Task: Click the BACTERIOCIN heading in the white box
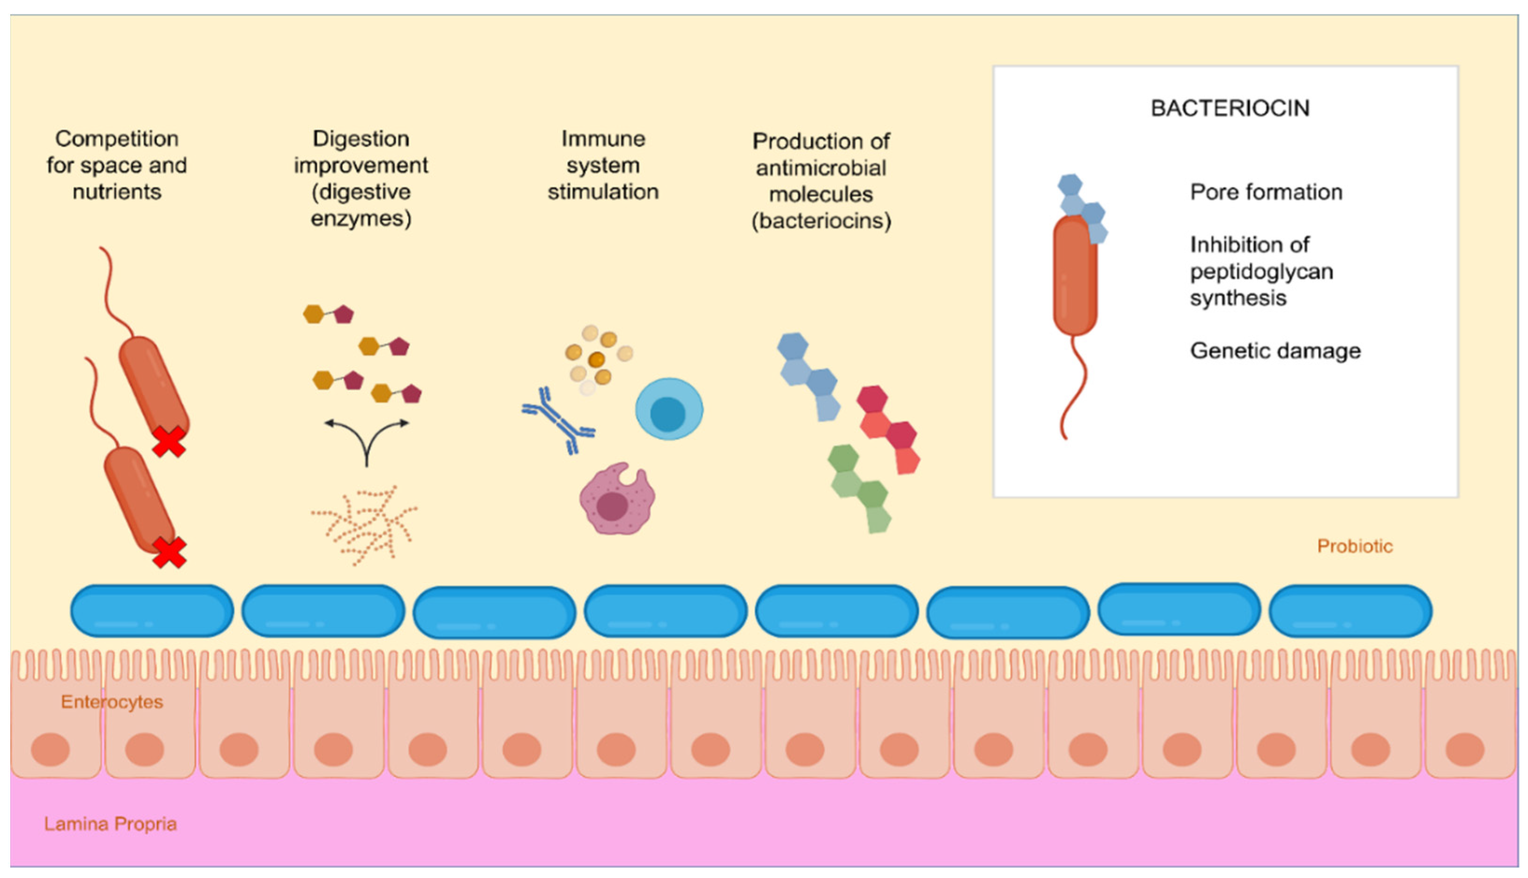(1229, 108)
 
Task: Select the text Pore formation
(1265, 192)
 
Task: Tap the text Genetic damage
(1275, 350)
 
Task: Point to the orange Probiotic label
(1354, 546)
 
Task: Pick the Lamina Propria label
(110, 824)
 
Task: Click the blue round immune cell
(668, 409)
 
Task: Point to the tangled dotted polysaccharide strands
(365, 525)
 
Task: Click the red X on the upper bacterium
(168, 442)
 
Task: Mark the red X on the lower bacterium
(169, 552)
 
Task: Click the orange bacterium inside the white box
(1075, 276)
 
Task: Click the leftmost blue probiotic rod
(152, 610)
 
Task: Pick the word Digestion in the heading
(361, 139)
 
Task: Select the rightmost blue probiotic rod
(1350, 610)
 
